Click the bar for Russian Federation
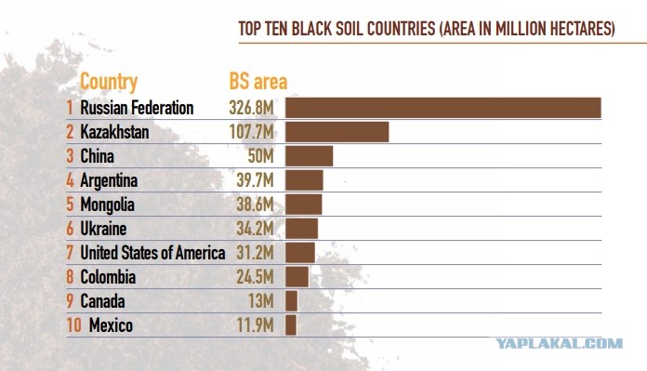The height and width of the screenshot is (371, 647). (x=443, y=108)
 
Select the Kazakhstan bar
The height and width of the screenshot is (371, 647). (x=337, y=132)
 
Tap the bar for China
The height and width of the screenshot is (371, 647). (x=309, y=156)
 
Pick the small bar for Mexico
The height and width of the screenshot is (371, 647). (x=291, y=325)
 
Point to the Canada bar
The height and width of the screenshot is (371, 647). (x=291, y=301)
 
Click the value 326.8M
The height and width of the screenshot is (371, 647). (x=251, y=108)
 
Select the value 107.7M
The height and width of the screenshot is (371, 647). (x=251, y=132)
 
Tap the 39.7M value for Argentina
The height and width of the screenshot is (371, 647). (x=255, y=180)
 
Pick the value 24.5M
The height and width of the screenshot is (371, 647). (x=255, y=277)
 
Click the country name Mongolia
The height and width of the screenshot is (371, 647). (x=107, y=205)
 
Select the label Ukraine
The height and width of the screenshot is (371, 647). (x=103, y=229)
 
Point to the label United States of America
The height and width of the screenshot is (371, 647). (x=152, y=253)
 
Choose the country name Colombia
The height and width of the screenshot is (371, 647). (x=108, y=277)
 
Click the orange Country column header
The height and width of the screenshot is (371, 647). (x=109, y=82)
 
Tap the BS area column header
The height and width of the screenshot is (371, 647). (x=257, y=81)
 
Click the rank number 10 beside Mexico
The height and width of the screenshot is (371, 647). (x=73, y=325)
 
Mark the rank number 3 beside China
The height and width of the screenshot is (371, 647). (x=70, y=156)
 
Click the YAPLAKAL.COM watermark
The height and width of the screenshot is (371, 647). (x=559, y=343)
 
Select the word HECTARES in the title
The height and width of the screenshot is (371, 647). (x=582, y=29)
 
